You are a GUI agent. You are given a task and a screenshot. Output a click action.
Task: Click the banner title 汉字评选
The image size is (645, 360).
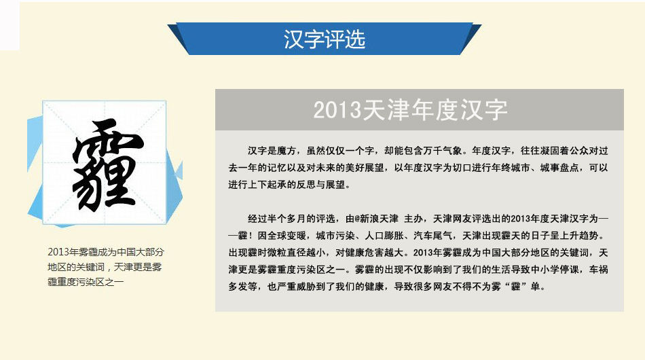pyautogui.click(x=325, y=39)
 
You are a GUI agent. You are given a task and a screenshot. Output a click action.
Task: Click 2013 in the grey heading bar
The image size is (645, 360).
pyautogui.click(x=337, y=110)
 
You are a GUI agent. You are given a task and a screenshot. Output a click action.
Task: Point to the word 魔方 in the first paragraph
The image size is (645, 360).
pyautogui.click(x=287, y=151)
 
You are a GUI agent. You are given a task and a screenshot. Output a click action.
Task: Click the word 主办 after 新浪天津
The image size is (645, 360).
pyautogui.click(x=414, y=219)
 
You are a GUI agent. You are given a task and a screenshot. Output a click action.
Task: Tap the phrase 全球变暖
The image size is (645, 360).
pyautogui.click(x=287, y=236)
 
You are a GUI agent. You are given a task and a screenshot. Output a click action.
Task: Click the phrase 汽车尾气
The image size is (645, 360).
pyautogui.click(x=432, y=236)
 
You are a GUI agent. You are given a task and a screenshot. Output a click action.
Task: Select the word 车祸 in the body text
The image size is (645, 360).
pyautogui.click(x=599, y=270)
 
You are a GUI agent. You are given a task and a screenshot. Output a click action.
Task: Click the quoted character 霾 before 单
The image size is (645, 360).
pyautogui.click(x=516, y=287)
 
